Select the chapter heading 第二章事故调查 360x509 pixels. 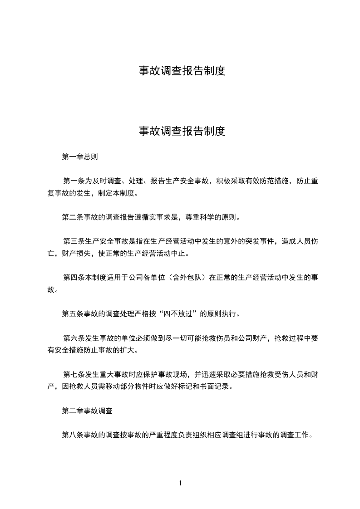[87, 411]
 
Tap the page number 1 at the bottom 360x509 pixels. [180, 483]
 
